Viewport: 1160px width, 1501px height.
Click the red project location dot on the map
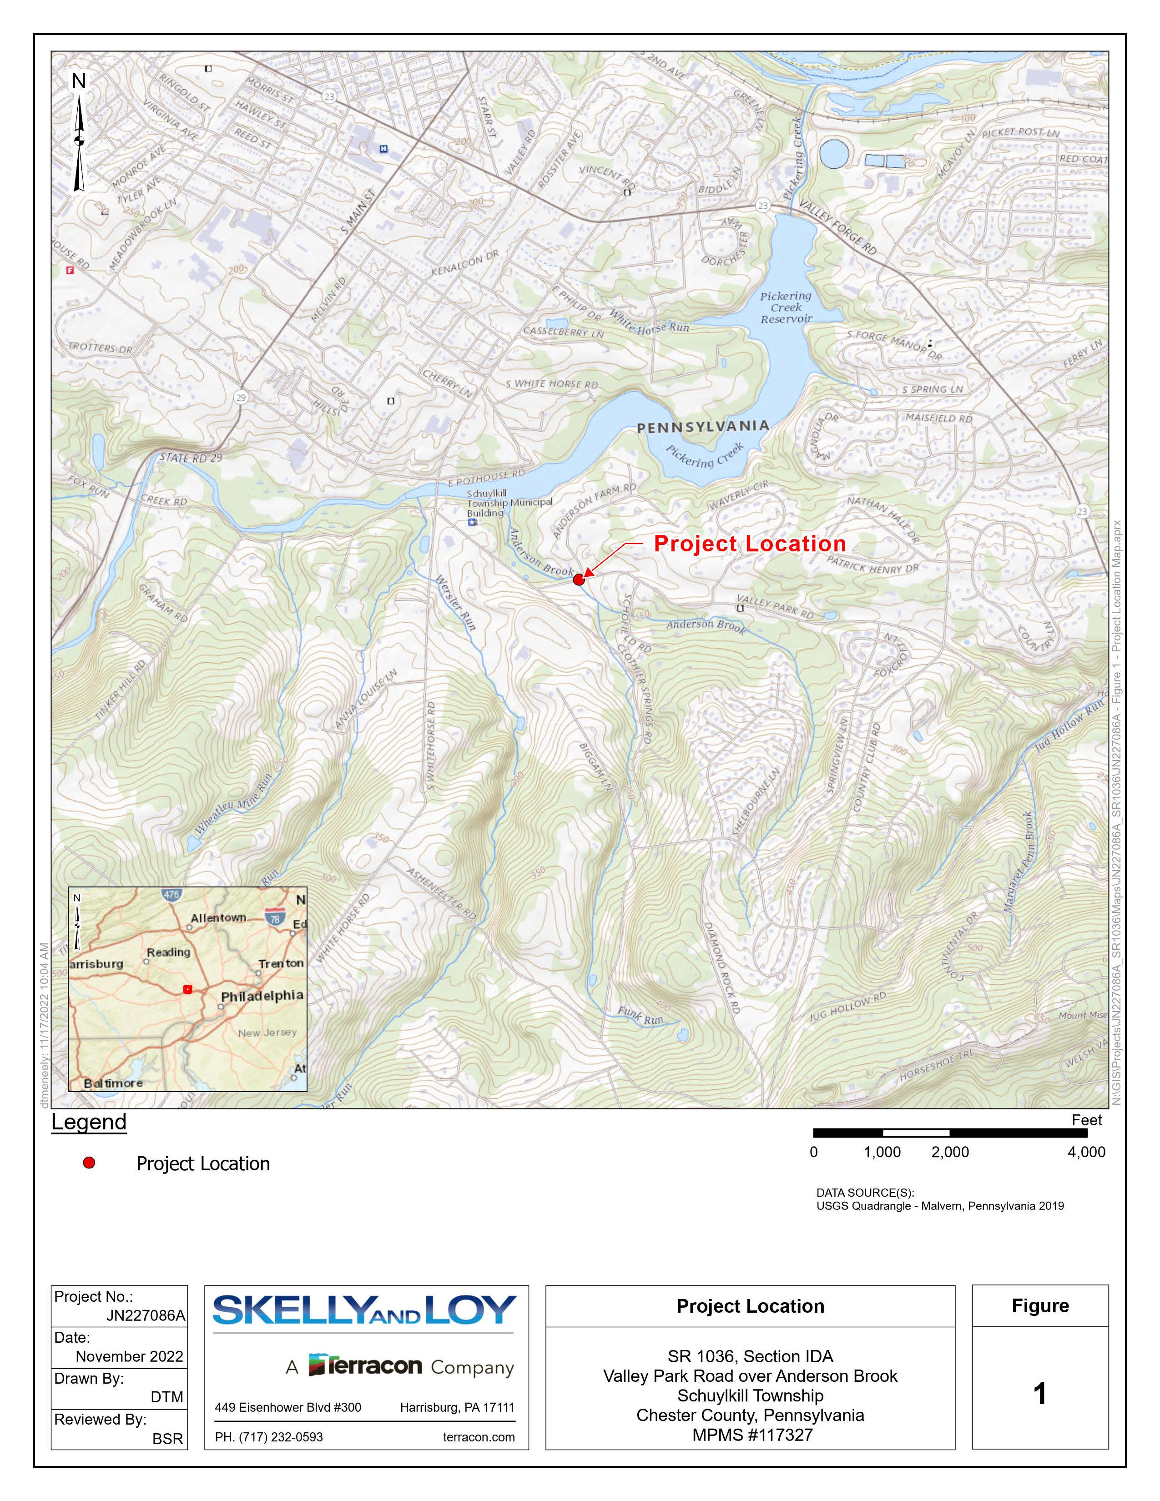click(579, 579)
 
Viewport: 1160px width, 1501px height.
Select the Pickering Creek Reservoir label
click(786, 307)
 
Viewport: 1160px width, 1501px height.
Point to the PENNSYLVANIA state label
click(702, 427)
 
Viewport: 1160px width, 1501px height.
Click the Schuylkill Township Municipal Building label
click(509, 503)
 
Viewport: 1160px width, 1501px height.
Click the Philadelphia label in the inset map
click(262, 996)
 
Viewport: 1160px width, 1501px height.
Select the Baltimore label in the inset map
click(113, 1083)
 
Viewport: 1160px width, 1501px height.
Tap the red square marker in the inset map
click(187, 989)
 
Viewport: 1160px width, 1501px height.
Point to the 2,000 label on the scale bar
click(950, 1152)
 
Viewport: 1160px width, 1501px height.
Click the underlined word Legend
click(89, 1122)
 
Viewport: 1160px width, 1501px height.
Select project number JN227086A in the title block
click(146, 1315)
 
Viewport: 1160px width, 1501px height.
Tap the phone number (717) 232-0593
click(269, 1437)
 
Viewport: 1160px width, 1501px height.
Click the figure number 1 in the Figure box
click(1040, 1394)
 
